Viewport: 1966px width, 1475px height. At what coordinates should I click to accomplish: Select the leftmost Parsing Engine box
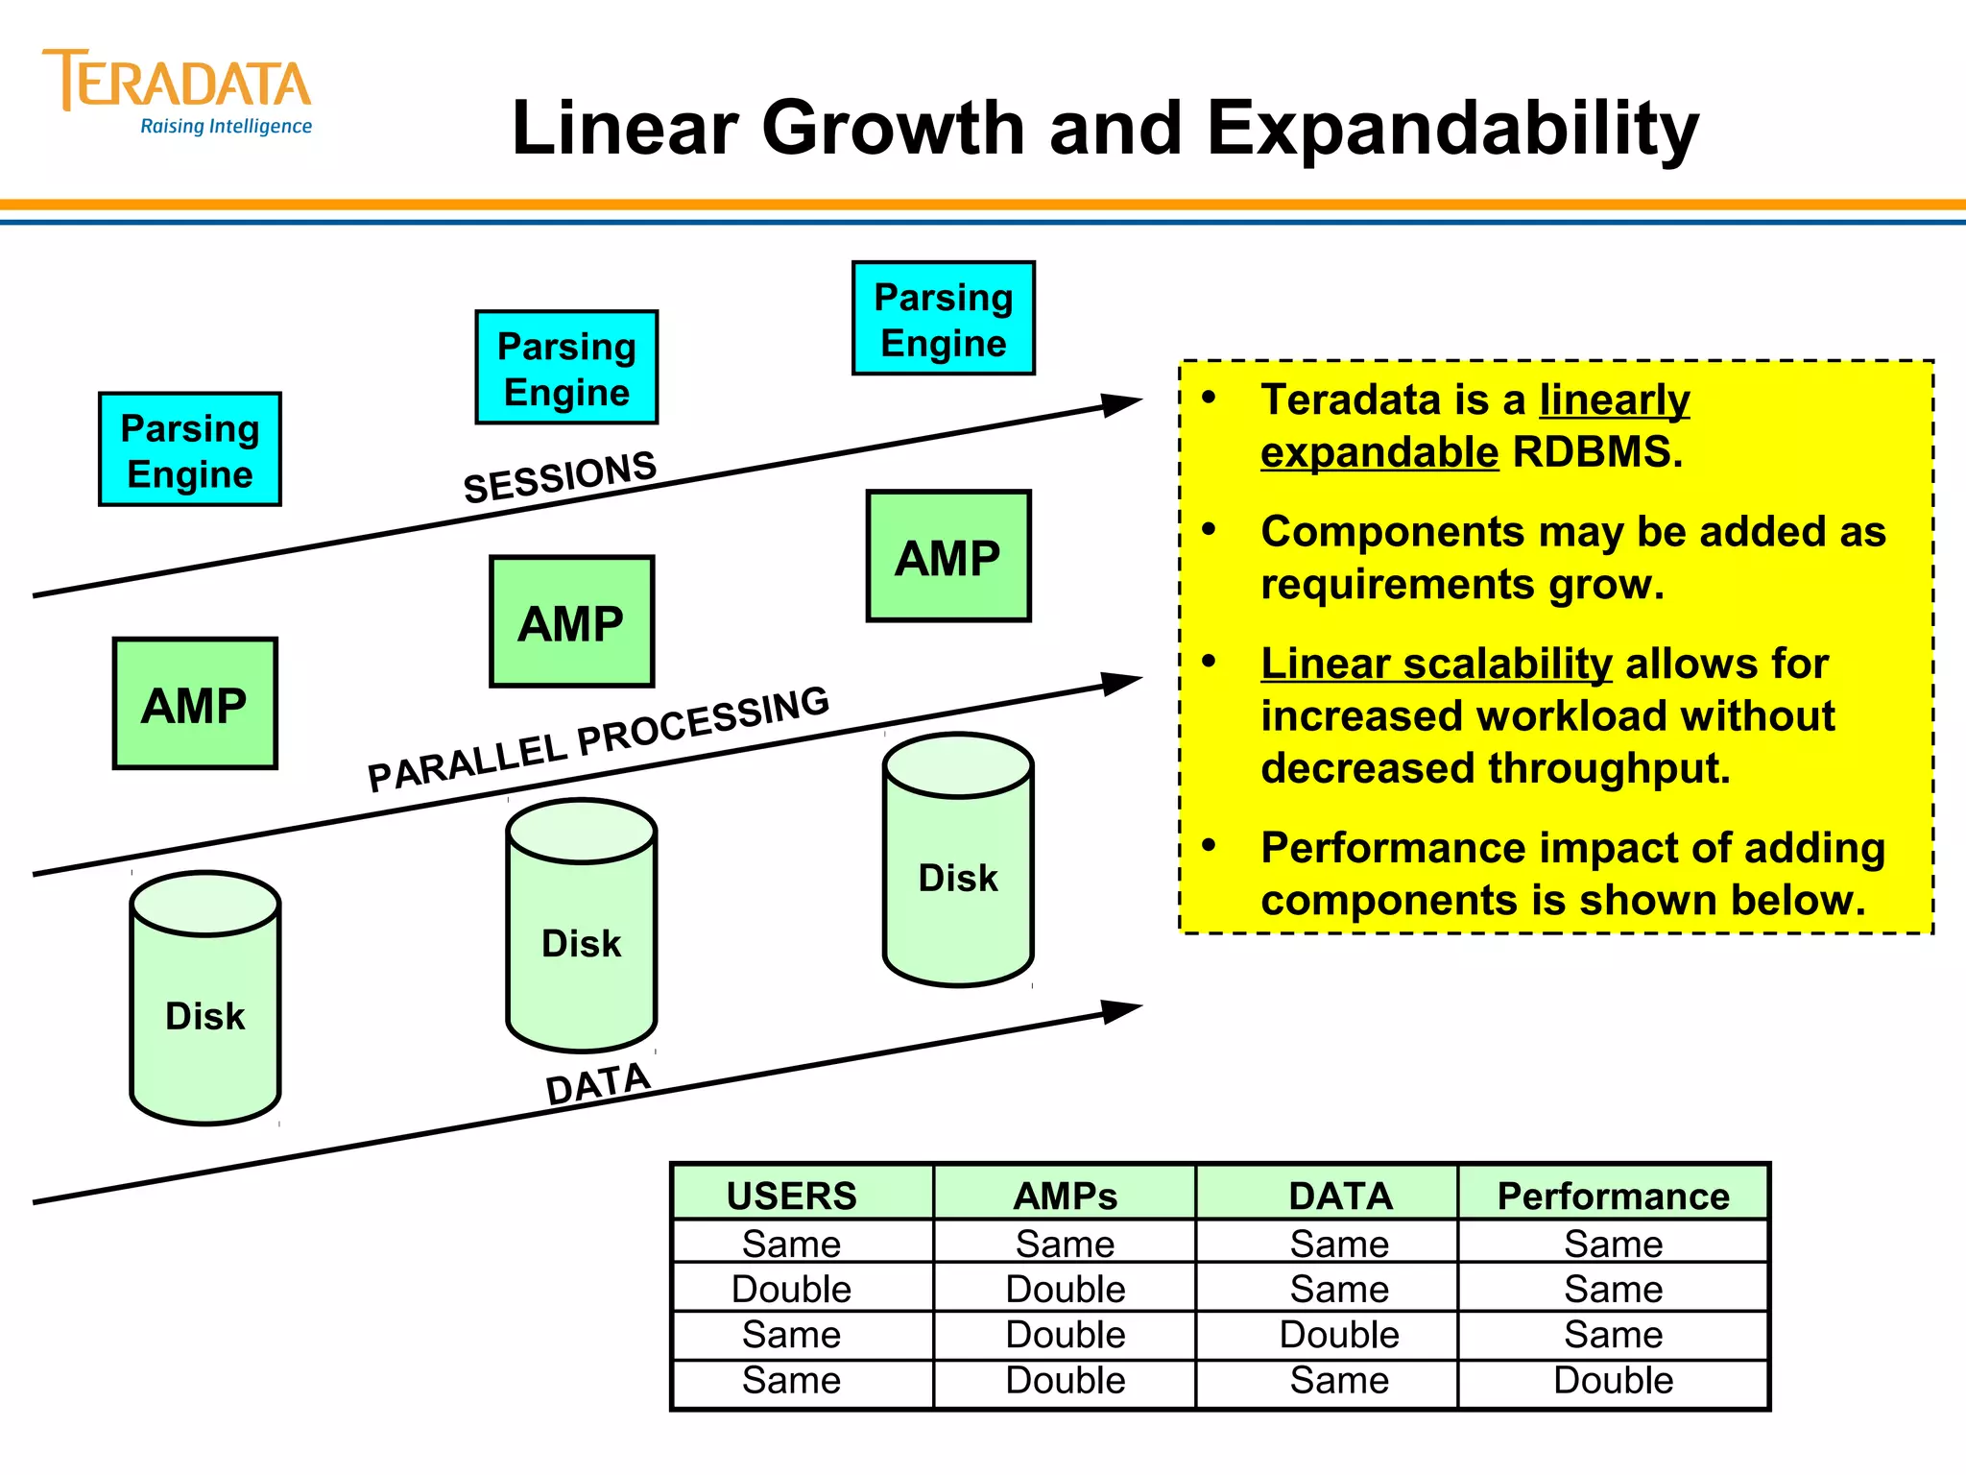[190, 449]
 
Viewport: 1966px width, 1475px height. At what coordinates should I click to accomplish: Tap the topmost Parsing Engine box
[944, 318]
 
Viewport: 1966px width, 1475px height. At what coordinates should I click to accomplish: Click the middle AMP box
[572, 621]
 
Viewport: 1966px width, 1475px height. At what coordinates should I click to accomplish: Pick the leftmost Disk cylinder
[205, 999]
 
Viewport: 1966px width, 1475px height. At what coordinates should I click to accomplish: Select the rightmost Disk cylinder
[958, 860]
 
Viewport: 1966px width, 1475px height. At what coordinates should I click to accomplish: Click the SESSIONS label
[560, 477]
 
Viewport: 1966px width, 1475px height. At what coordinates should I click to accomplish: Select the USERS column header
[791, 1196]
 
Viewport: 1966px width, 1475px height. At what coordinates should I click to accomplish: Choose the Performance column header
[1613, 1196]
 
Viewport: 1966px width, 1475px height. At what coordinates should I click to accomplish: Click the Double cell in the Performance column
[1613, 1381]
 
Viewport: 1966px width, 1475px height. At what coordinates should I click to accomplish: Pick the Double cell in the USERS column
[791, 1289]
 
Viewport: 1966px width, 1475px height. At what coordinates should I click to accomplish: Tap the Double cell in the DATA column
[1339, 1335]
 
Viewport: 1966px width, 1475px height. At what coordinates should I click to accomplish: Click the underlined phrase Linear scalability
[1436, 664]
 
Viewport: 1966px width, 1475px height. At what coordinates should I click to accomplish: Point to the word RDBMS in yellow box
[1596, 452]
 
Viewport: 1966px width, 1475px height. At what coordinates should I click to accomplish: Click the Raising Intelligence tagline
[226, 127]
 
